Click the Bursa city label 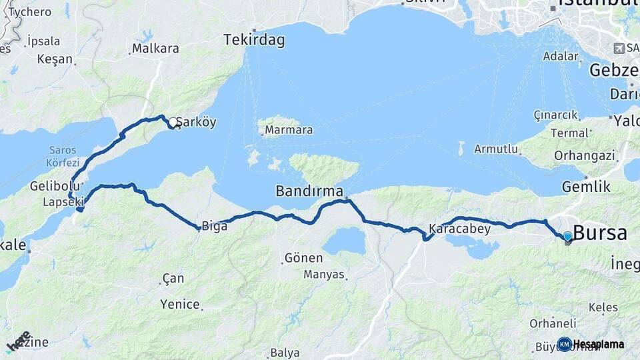(599, 233)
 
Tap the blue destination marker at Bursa (567, 236)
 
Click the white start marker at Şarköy (173, 122)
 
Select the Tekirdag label (254, 40)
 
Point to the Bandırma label (309, 191)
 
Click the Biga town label (214, 226)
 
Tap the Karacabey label (459, 229)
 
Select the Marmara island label (288, 130)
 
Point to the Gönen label (303, 257)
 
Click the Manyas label (324, 274)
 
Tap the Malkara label (155, 48)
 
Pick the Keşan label (55, 59)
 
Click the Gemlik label (586, 187)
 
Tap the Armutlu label (496, 149)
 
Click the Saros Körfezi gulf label (62, 156)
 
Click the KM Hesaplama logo (591, 344)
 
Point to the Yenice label (180, 304)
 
